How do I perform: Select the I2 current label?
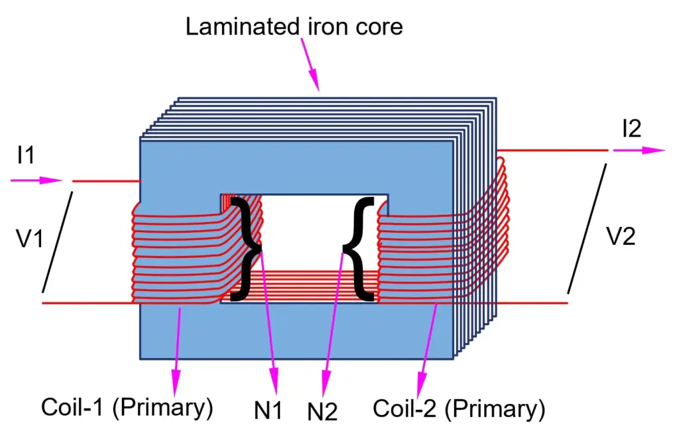pyautogui.click(x=631, y=129)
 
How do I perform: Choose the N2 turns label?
pyautogui.click(x=322, y=413)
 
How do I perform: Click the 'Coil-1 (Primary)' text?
pyautogui.click(x=127, y=407)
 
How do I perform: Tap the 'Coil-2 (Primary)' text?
pyautogui.click(x=459, y=409)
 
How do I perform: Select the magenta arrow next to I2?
pyautogui.click(x=639, y=151)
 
